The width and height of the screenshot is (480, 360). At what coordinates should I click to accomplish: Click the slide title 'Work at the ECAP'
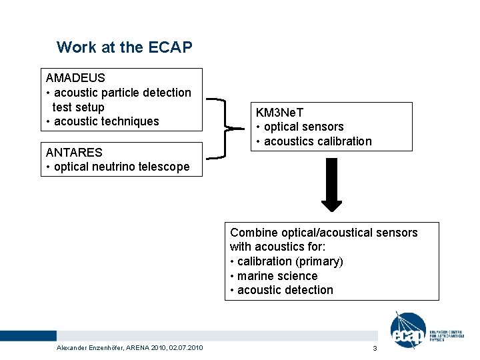(x=124, y=47)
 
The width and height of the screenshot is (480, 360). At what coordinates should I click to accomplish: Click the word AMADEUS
(x=75, y=78)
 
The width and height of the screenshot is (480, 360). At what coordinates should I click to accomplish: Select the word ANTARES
(x=74, y=153)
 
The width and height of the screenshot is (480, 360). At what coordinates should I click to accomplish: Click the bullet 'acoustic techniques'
(x=106, y=121)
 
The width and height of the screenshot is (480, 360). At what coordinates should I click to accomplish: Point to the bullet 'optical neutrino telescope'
(x=121, y=167)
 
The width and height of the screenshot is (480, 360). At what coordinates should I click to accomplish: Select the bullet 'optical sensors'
(x=303, y=127)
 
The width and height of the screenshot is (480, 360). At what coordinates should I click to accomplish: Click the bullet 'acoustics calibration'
(x=317, y=141)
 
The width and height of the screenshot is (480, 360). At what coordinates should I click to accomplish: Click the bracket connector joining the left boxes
(x=227, y=127)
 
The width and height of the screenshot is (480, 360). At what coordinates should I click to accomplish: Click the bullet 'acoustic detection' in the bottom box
(x=285, y=290)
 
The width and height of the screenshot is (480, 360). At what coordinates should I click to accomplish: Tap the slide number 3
(x=375, y=349)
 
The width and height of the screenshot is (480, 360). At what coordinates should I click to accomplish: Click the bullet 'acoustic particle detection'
(x=122, y=93)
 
